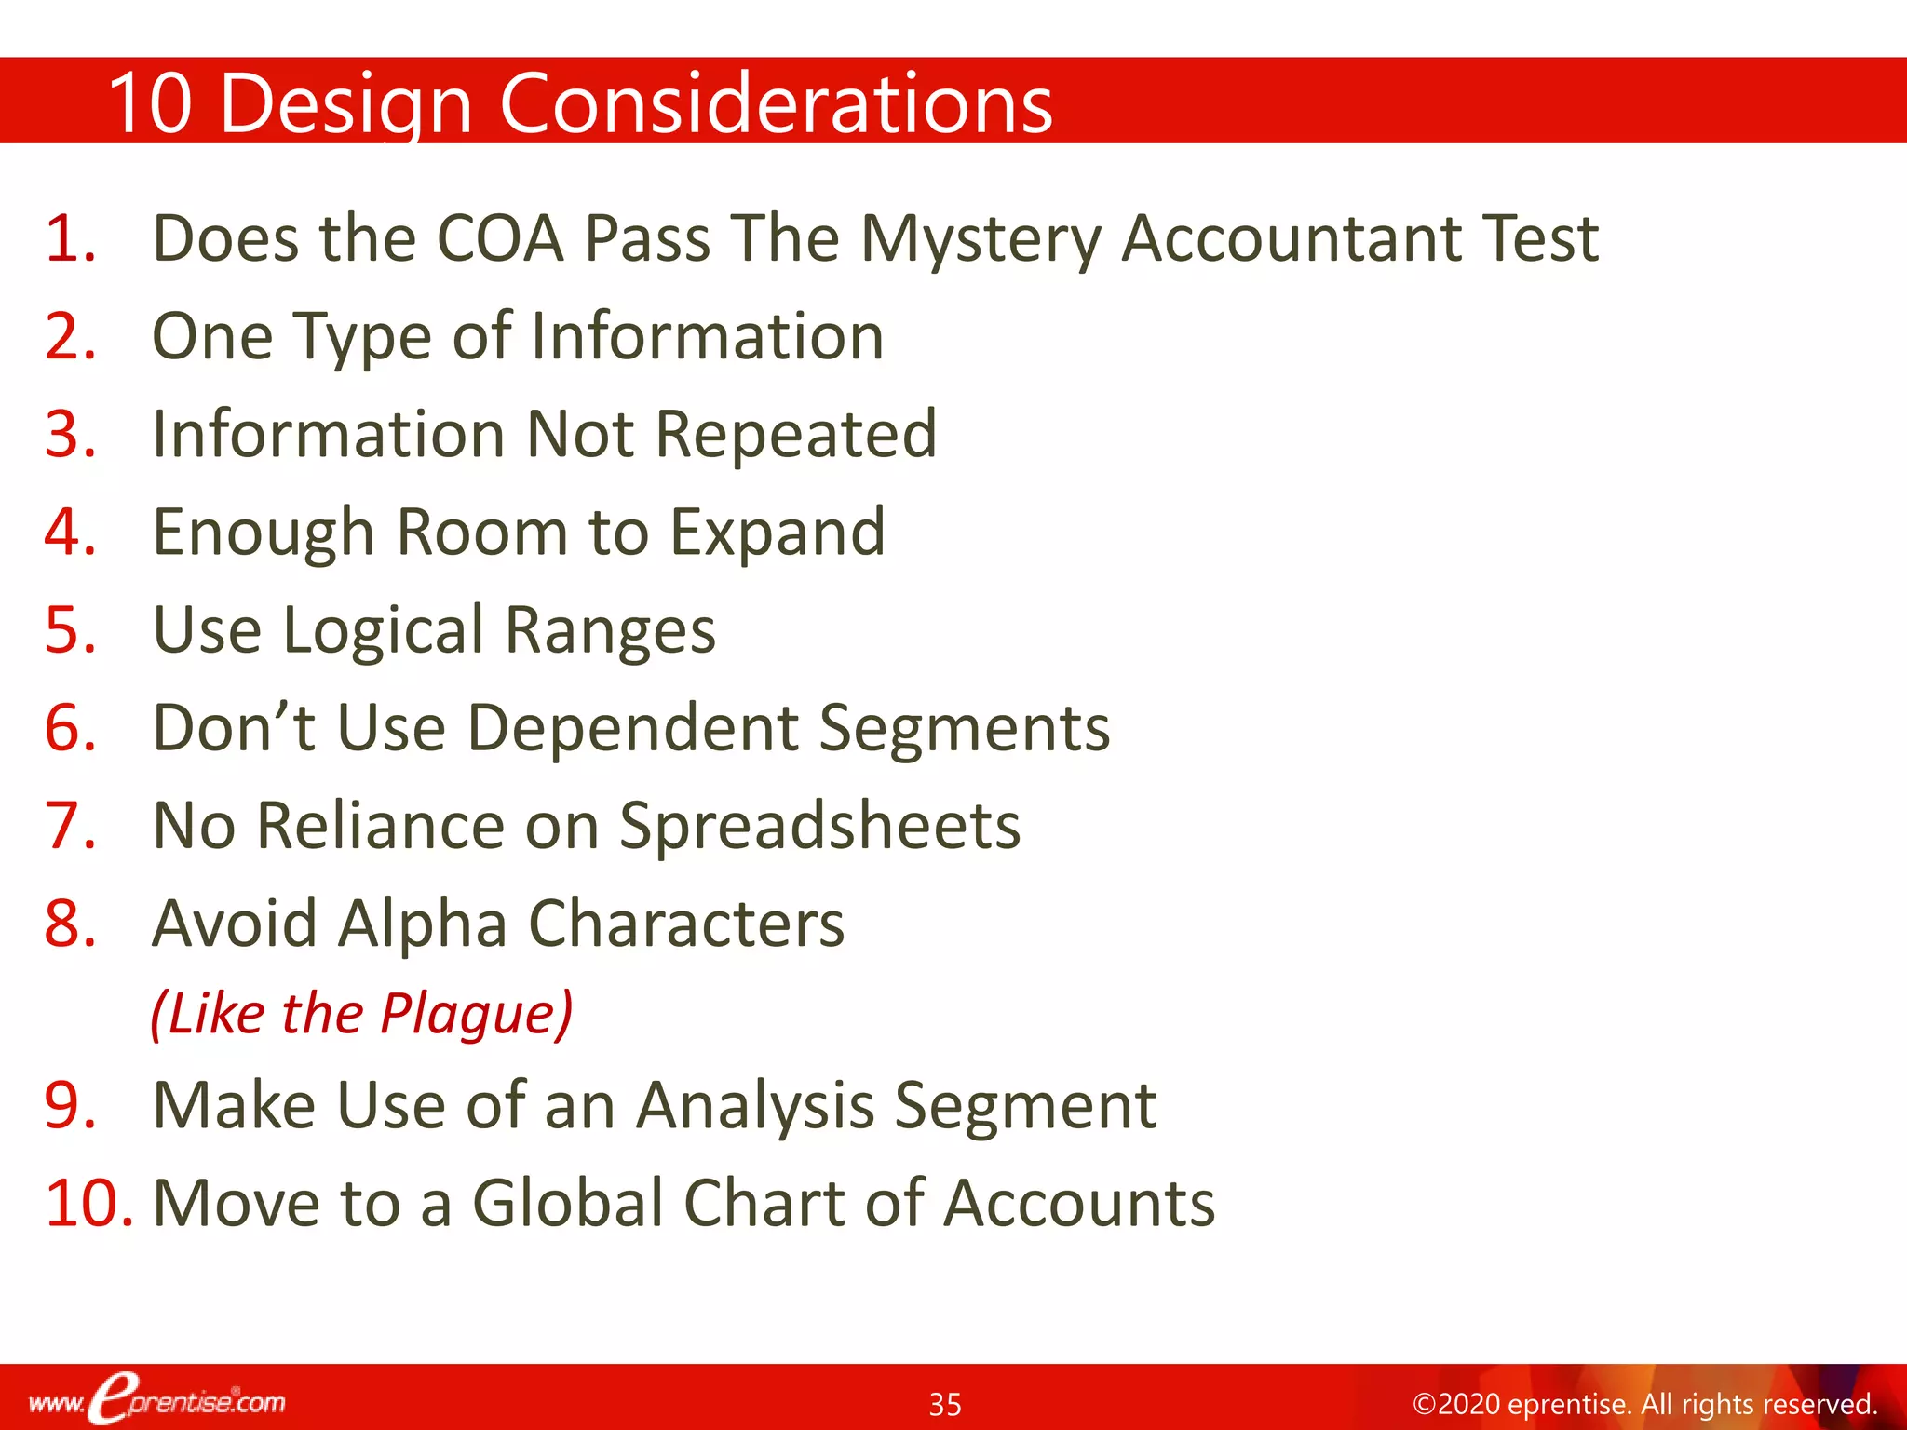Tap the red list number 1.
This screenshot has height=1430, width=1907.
pos(70,238)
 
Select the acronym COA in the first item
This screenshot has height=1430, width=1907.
pos(500,238)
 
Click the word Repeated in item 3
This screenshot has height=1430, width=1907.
pos(796,435)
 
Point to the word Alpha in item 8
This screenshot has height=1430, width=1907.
pos(423,924)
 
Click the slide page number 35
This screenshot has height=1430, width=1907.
pos(945,1404)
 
